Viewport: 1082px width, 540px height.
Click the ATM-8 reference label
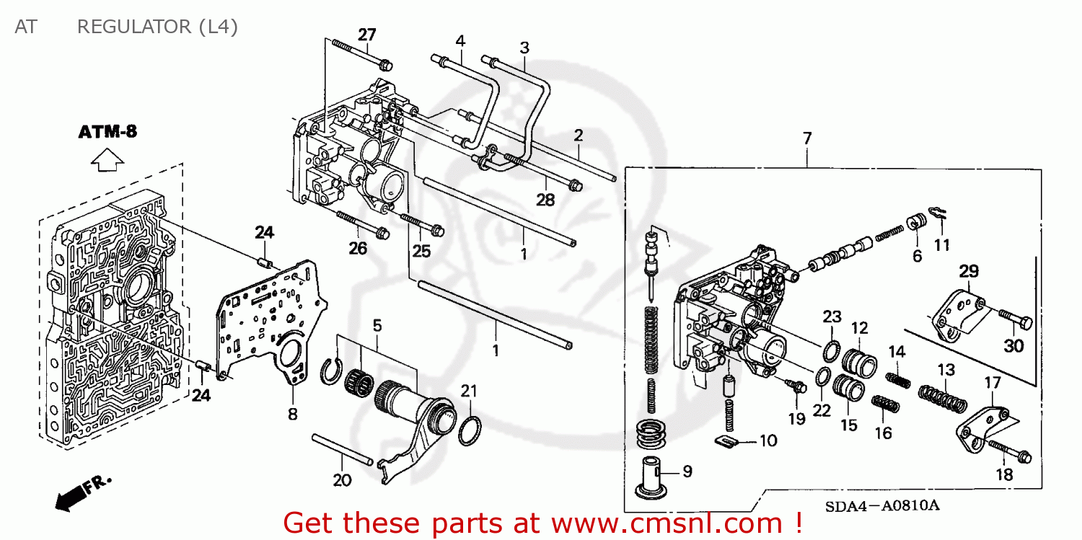click(107, 132)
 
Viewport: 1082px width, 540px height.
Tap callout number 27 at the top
click(367, 35)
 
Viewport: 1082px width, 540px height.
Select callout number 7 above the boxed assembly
click(807, 137)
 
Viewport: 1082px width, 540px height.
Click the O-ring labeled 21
click(470, 431)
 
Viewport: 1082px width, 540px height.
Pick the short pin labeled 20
click(342, 449)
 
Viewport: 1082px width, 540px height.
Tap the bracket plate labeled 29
click(954, 311)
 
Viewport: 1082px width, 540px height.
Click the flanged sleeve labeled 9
click(654, 478)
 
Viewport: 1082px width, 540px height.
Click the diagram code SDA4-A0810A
click(881, 505)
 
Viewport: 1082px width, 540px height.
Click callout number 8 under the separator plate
click(293, 415)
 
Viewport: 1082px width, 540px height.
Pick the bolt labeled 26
click(361, 224)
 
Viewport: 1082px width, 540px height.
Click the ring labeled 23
click(831, 351)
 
